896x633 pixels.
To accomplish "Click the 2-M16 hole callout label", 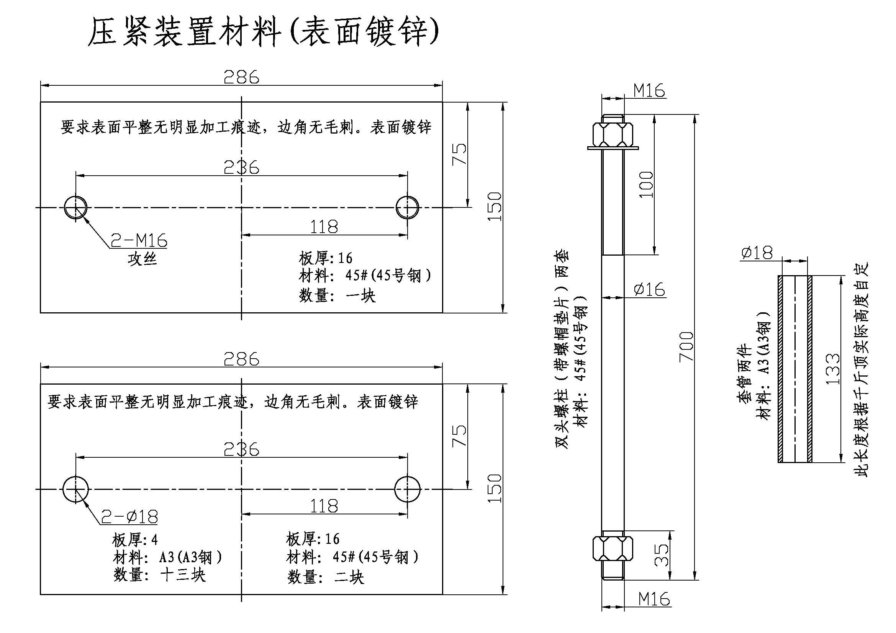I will tap(139, 240).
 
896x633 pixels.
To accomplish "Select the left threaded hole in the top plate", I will tap(76, 207).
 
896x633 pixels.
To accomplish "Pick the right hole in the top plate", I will tap(408, 207).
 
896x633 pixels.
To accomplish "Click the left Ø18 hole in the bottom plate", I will tap(76, 489).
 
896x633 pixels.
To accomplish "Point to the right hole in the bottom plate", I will tap(408, 489).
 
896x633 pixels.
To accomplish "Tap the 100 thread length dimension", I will tap(646, 185).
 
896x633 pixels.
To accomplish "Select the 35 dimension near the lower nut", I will tap(660, 555).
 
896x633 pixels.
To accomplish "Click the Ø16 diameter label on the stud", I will tap(649, 290).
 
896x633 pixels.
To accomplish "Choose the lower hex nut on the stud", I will tap(613, 548).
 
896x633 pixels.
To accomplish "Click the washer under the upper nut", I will tap(613, 148).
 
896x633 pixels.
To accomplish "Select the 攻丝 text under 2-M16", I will tap(142, 259).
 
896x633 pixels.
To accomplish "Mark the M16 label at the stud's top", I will tap(649, 91).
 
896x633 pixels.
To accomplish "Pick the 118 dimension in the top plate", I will tap(324, 227).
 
